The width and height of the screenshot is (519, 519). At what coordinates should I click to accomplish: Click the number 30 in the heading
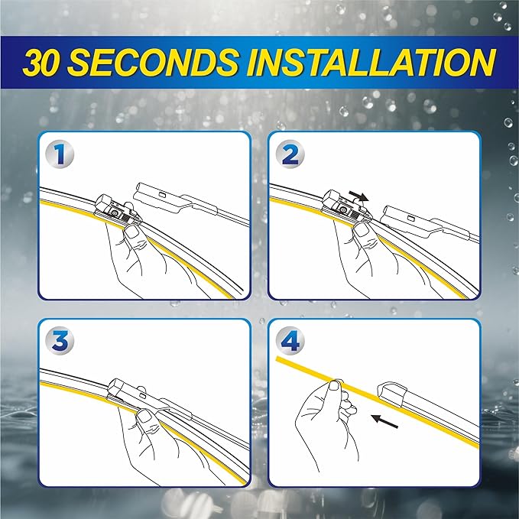pyautogui.click(x=48, y=63)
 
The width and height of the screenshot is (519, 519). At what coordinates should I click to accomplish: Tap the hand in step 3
pyautogui.click(x=145, y=440)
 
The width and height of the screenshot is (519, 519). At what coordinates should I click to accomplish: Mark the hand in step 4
pyautogui.click(x=325, y=420)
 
